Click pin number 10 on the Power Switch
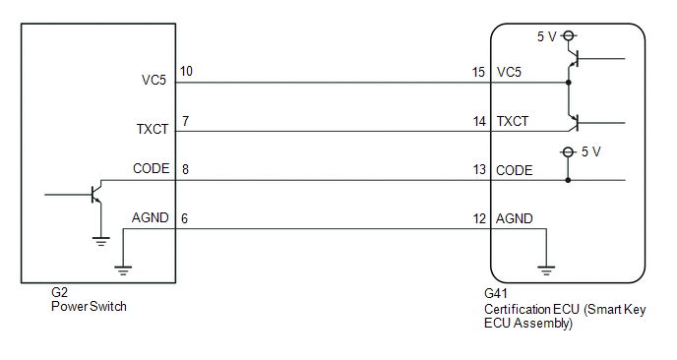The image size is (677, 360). (186, 71)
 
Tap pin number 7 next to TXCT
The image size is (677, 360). (185, 121)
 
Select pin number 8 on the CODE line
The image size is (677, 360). (185, 169)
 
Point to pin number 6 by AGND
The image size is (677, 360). (184, 218)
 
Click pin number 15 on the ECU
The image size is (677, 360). (478, 72)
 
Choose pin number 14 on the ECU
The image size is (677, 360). (479, 121)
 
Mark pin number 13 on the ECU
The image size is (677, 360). (479, 169)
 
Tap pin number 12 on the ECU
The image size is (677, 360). (479, 218)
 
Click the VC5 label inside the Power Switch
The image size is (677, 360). (154, 80)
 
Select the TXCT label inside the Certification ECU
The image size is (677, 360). (513, 121)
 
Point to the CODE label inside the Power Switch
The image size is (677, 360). (152, 168)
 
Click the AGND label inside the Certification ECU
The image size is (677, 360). (515, 218)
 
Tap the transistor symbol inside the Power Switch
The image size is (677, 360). (95, 194)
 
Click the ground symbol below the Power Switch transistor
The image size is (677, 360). (100, 242)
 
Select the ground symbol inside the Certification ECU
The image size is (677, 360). (546, 270)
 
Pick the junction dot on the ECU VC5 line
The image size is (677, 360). (568, 83)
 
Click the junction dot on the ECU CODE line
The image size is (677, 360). (568, 180)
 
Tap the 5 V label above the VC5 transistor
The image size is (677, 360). (546, 36)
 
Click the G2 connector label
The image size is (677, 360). (60, 293)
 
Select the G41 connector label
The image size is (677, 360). (496, 293)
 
